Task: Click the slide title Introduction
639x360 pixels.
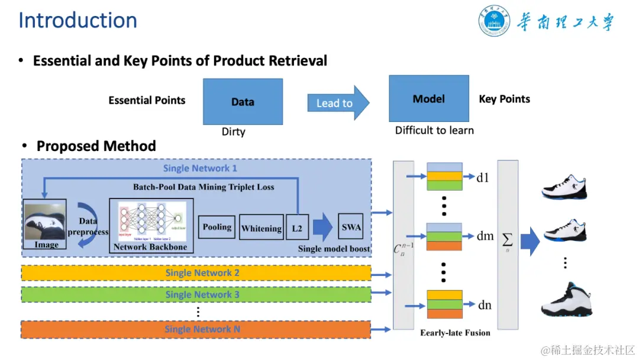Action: click(78, 20)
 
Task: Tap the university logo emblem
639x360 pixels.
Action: click(494, 21)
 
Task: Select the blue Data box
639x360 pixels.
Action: click(243, 101)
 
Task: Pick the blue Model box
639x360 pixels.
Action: click(428, 98)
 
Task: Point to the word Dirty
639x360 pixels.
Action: click(233, 131)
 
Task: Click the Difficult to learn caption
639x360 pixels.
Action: click(434, 130)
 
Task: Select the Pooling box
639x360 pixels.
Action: click(217, 227)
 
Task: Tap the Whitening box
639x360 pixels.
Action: click(261, 228)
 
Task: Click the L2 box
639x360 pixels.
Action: click(297, 228)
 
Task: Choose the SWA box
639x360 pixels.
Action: click(351, 227)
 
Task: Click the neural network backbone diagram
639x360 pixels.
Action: click(151, 222)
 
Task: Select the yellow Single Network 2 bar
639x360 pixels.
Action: click(196, 273)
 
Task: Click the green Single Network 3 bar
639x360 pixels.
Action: click(196, 294)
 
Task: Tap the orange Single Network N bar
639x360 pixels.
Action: click(196, 329)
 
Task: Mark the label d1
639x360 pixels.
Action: click(483, 177)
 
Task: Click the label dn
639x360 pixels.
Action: click(485, 305)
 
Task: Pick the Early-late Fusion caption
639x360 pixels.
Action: click(455, 333)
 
